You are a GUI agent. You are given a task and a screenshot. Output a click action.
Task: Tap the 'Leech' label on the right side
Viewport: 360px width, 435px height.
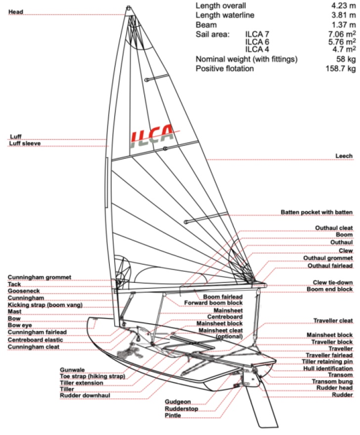pos(344,156)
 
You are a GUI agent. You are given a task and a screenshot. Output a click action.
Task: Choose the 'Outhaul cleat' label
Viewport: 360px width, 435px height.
pos(334,228)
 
